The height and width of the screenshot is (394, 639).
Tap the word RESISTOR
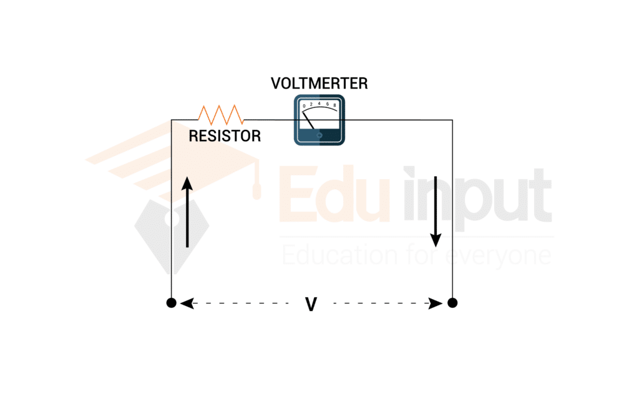(225, 135)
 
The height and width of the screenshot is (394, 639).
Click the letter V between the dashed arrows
(311, 304)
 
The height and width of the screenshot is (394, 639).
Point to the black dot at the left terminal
(171, 303)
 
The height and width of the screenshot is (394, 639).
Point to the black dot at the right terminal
(452, 303)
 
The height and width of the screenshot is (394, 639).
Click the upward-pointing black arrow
(187, 212)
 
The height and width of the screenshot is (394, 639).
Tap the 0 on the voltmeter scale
(305, 106)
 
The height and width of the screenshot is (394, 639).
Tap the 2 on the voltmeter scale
(311, 104)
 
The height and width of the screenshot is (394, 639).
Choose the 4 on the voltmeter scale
(319, 103)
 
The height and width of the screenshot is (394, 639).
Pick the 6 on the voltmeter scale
(328, 104)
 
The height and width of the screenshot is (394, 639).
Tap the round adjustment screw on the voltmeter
(319, 135)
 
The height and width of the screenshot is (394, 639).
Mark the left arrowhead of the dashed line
(184, 303)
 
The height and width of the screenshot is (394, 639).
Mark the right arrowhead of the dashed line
(439, 303)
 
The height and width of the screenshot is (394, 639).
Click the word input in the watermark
(477, 194)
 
